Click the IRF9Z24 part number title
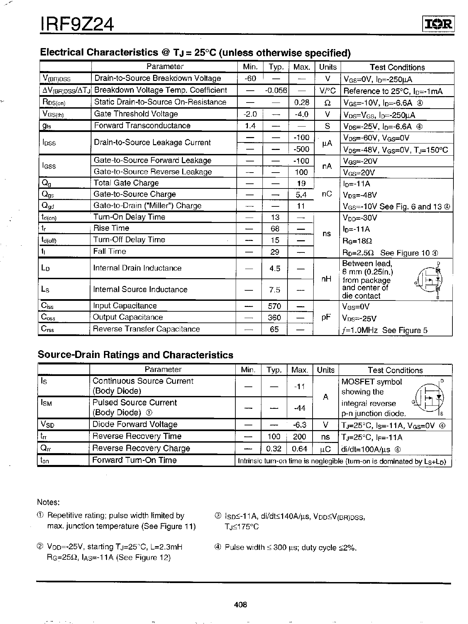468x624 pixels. pos(77,25)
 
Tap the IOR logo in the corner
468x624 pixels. pos(438,24)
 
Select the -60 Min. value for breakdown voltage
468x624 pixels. pos(251,79)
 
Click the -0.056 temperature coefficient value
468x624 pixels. pos(276,90)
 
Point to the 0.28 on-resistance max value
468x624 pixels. pos(301,102)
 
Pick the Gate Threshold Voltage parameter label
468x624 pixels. pos(136,114)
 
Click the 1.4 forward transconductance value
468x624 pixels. pos(250,126)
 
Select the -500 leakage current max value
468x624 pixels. pos(301,149)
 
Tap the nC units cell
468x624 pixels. pos(327,194)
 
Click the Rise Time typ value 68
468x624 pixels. pos(275,229)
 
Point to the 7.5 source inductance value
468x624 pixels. pos(275,290)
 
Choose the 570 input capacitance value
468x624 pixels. pos(274,306)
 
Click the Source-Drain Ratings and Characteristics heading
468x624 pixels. pos(135,355)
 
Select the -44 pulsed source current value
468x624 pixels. pos(300,408)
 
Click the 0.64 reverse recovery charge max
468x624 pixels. pos(300,449)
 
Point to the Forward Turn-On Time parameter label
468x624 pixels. pos(134,460)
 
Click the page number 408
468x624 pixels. pos(240,604)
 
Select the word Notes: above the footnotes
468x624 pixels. pos(48,502)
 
